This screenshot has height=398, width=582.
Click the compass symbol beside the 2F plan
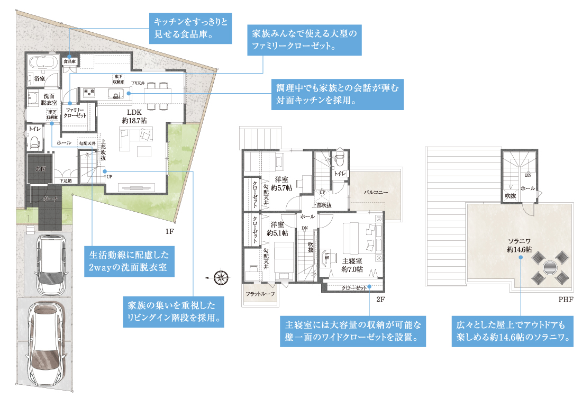coord(221,276)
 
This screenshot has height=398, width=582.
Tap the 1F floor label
coord(170,232)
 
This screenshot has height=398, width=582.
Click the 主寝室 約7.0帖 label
coord(352,265)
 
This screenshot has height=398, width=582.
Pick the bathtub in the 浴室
coord(42,62)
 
